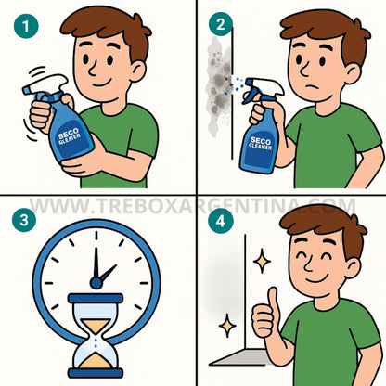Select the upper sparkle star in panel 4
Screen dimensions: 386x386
click(x=263, y=262)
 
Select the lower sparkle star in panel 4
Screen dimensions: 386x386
click(x=226, y=326)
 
